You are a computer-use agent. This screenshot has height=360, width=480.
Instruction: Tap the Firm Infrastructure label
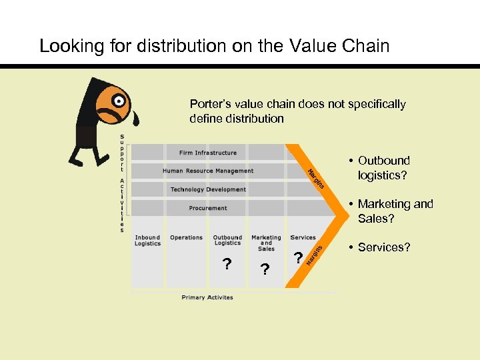point(207,153)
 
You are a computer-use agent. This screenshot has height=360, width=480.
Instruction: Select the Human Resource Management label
point(207,171)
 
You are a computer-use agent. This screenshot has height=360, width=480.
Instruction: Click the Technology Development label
point(207,190)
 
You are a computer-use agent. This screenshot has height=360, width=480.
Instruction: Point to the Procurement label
point(207,208)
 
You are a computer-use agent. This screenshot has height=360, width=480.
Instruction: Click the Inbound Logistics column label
point(147,241)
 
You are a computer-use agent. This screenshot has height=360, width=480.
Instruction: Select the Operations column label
point(186,237)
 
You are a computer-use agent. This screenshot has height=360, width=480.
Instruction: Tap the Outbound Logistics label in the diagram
point(227,241)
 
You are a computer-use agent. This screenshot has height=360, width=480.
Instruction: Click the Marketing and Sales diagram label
point(266,243)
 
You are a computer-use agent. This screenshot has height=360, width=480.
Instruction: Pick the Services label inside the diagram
point(303,237)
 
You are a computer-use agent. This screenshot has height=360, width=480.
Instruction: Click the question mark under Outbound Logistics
point(227,265)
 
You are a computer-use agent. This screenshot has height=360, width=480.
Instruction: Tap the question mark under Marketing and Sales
point(265,269)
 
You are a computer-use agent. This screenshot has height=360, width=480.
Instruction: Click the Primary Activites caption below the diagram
point(207,297)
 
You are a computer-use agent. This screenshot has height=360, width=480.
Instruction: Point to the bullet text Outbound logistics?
point(383,168)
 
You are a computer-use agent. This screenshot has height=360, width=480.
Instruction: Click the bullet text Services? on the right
point(383,247)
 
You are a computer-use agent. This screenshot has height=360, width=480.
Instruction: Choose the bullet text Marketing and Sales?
point(395,211)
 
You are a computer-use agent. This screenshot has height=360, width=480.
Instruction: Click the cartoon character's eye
point(119,101)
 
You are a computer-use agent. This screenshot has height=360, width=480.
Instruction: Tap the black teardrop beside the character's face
point(135,119)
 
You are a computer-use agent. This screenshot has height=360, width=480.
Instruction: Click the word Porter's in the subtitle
point(209,104)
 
